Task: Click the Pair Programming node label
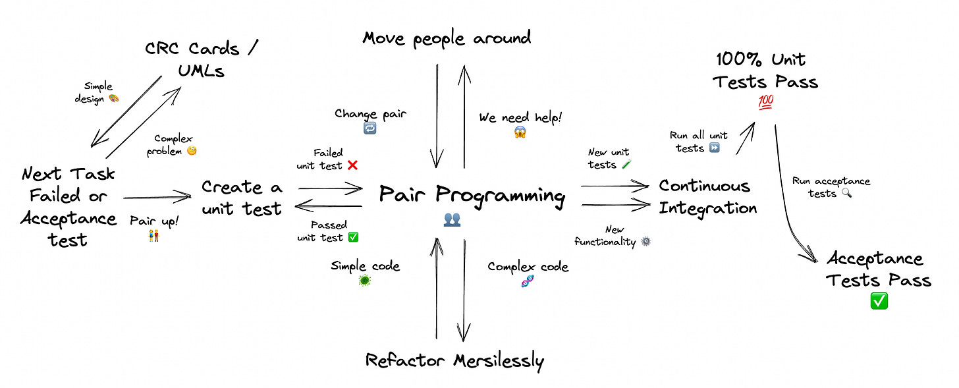tap(472, 196)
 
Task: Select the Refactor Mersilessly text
tap(454, 360)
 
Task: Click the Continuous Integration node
tap(707, 197)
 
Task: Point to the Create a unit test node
tap(242, 198)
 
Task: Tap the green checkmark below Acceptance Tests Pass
tap(879, 301)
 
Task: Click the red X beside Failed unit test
tap(352, 165)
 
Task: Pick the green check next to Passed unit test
tap(353, 237)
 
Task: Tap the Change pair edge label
tap(370, 113)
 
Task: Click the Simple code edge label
tap(365, 266)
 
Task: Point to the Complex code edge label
tap(528, 267)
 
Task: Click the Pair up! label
tap(154, 221)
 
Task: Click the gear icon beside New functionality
tap(645, 242)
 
